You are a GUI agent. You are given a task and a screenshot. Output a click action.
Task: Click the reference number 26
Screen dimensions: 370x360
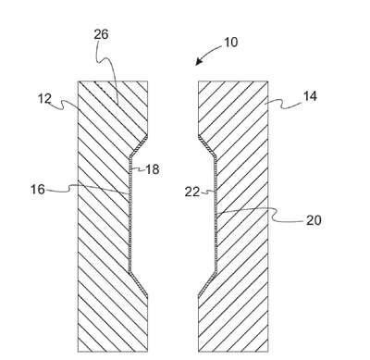(101, 34)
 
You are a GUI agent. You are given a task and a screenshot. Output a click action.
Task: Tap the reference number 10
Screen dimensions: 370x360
(231, 43)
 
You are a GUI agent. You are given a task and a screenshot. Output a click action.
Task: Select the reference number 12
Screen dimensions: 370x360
(44, 99)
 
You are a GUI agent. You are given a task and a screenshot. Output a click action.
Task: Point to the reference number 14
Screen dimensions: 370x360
(310, 96)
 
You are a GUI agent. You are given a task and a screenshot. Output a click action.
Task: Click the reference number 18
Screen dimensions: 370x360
(152, 169)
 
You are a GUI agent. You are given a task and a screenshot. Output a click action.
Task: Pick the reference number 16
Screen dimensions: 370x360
(38, 190)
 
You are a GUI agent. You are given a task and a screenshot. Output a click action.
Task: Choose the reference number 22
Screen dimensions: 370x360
(192, 192)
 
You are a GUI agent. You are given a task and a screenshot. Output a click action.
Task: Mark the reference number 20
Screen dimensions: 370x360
(314, 220)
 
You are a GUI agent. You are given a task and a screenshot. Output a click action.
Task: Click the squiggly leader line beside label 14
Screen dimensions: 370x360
(284, 105)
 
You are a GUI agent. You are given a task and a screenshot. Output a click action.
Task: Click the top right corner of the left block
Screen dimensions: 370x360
(147, 81)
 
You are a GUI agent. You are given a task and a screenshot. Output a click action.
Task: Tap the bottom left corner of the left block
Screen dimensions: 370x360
(78, 352)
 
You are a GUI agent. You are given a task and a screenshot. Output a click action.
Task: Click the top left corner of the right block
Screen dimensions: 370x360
(198, 81)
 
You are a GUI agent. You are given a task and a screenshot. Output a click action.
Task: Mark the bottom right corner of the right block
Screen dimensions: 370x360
(267, 352)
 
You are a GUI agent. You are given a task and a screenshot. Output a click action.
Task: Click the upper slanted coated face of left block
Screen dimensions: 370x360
(139, 146)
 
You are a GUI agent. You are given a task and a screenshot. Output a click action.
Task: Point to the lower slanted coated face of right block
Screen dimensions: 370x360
(207, 285)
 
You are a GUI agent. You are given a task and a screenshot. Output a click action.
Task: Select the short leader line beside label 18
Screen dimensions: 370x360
(138, 169)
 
